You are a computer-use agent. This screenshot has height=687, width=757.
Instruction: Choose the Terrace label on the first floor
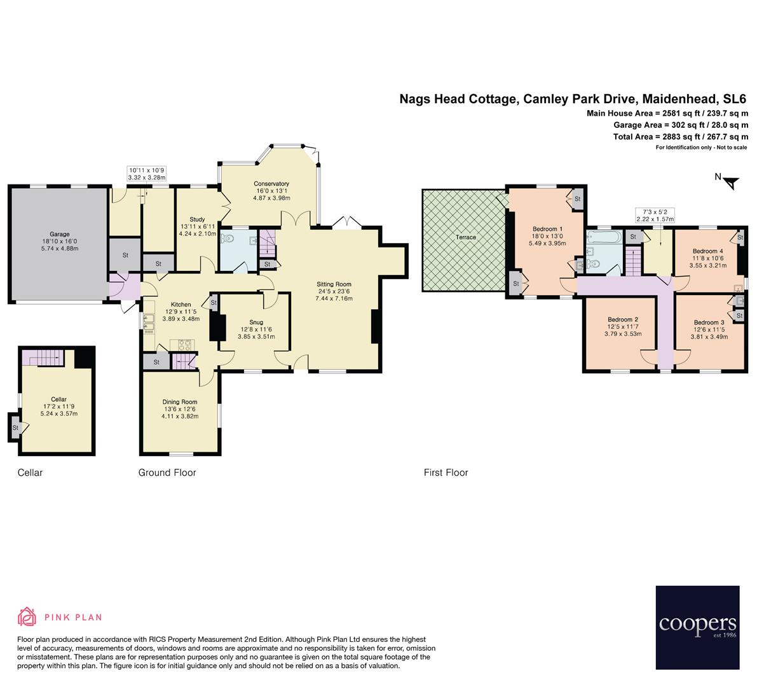(x=465, y=237)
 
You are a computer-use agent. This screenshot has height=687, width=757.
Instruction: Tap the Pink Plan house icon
(x=27, y=616)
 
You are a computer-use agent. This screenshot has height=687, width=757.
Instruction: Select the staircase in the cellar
(x=43, y=357)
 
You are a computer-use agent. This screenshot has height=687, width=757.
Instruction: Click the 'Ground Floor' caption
(x=167, y=473)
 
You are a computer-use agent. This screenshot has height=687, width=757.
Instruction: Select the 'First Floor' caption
(x=446, y=473)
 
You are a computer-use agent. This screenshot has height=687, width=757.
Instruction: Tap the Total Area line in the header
(x=680, y=137)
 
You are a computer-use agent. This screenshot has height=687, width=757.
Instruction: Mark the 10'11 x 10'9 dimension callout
(x=146, y=174)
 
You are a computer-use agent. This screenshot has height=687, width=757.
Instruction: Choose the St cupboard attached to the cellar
(x=15, y=428)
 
